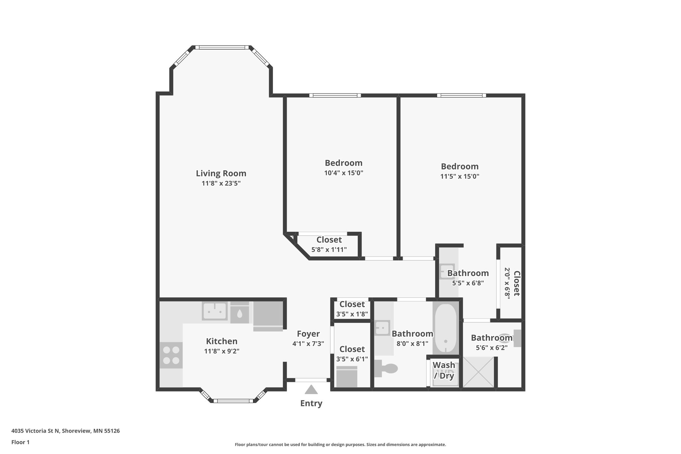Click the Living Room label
pos(221,173)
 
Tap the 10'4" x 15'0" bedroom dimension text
pos(343,173)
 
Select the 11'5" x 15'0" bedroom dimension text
pos(460,176)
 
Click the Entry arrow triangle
pos(311,389)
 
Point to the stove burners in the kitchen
pos(171,355)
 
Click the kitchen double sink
pos(215,312)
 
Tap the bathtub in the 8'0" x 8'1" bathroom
pos(446,329)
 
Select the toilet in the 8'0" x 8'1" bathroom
pos(387,369)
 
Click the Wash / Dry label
pos(444,370)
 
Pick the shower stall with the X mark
pos(478,372)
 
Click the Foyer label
pos(308,334)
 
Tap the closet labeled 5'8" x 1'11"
pos(329,244)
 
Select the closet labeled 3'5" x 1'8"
pos(352,309)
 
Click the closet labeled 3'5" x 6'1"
pos(352,354)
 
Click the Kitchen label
pos(221,341)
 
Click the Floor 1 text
pos(20,442)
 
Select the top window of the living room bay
pos(222,48)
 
